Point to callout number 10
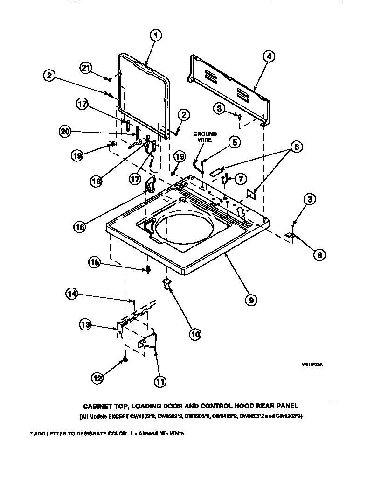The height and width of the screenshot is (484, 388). click(x=195, y=334)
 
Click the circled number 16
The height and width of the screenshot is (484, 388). click(x=79, y=227)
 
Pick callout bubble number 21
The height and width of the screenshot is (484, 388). click(x=85, y=68)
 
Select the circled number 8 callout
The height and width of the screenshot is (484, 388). click(x=319, y=254)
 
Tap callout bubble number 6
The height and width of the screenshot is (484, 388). click(x=295, y=147)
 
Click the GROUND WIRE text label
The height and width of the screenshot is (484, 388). click(x=205, y=137)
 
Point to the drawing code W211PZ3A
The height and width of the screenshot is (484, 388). click(x=312, y=365)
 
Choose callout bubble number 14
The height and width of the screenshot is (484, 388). click(x=71, y=294)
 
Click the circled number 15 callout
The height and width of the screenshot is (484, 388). click(x=95, y=263)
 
